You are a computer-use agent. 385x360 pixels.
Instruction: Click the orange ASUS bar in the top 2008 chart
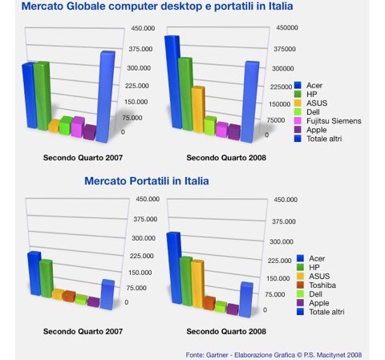click(198, 110)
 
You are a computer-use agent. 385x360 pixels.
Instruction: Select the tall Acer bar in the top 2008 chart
click(173, 82)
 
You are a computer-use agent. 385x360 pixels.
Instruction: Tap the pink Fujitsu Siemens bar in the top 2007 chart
click(78, 127)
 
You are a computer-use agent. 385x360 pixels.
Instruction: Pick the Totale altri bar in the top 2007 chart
click(106, 97)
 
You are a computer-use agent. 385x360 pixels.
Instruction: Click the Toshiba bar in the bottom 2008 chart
click(209, 303)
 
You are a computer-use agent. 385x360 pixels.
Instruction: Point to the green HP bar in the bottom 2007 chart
click(47, 278)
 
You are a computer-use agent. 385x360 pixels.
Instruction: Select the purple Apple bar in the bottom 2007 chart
click(93, 302)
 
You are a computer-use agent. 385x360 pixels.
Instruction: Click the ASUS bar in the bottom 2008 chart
click(197, 284)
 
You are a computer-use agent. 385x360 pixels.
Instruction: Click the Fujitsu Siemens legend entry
click(328, 121)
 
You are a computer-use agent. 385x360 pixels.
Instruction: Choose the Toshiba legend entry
click(316, 285)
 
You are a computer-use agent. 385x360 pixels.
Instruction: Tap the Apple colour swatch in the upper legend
click(298, 130)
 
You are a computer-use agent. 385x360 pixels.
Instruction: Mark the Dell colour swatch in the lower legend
click(300, 294)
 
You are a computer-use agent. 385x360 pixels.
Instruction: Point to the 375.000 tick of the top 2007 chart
click(140, 49)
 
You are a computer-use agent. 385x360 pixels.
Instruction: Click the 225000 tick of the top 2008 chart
click(281, 87)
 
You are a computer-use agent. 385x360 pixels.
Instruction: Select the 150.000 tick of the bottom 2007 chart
click(140, 273)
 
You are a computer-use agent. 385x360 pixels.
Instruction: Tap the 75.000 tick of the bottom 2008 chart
click(275, 294)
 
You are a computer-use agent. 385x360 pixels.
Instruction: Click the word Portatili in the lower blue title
click(149, 181)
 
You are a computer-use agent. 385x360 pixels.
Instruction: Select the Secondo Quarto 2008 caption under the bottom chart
click(226, 331)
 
